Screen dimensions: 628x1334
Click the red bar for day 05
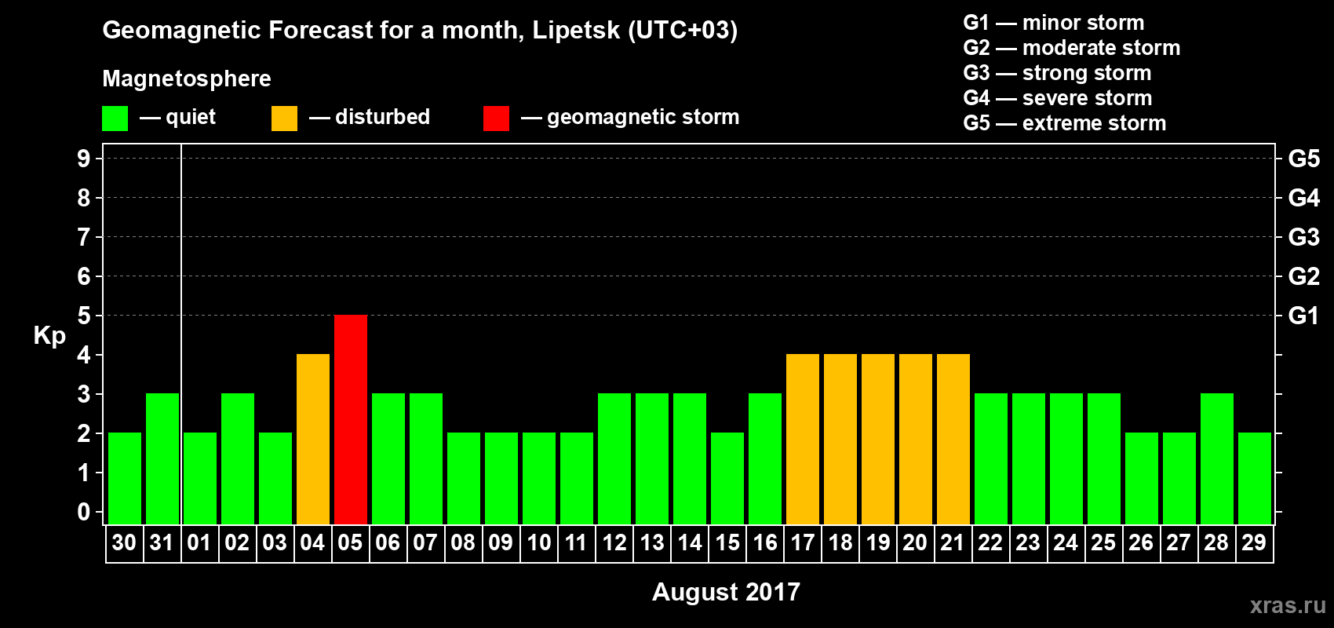coord(351,419)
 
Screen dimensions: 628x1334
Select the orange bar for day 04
coord(313,439)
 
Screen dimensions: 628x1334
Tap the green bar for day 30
coord(125,478)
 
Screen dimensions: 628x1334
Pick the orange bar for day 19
coord(878,439)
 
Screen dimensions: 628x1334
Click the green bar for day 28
coord(1217,458)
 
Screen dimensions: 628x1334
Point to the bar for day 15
coord(727,478)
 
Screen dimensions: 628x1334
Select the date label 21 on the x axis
coord(953,542)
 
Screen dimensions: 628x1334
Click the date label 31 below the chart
coord(162,542)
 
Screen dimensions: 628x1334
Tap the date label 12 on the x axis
coord(614,542)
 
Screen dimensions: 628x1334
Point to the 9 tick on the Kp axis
coord(84,159)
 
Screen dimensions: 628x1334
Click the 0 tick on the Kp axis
coord(84,512)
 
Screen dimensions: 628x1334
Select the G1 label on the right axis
coord(1303,316)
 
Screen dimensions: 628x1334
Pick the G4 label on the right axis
coord(1303,198)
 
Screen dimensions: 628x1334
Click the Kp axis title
coord(49,335)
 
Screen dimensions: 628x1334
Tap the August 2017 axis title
coord(726,592)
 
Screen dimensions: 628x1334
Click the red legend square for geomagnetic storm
coord(496,119)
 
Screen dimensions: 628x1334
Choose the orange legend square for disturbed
coord(284,119)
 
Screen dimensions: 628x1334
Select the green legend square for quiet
coord(115,119)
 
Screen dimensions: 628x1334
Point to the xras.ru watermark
coord(1287,605)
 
